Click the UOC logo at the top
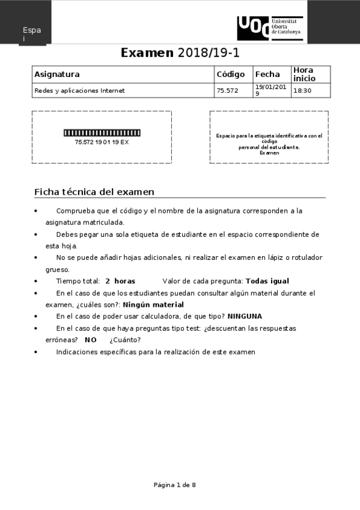(x=269, y=28)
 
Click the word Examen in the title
(x=147, y=53)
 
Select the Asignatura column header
(x=57, y=75)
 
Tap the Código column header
(x=230, y=75)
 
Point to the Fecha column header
(x=267, y=75)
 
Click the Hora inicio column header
(x=304, y=74)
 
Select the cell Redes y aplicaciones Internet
(x=79, y=91)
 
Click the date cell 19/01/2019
(x=271, y=91)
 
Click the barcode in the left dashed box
(x=102, y=132)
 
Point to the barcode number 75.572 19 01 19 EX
(x=102, y=142)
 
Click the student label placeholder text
(x=269, y=144)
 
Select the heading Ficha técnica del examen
(x=94, y=192)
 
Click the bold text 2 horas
(x=120, y=281)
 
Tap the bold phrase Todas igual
(x=267, y=281)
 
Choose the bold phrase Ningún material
(x=153, y=304)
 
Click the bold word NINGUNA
(x=245, y=316)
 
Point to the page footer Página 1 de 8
(x=175, y=484)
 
